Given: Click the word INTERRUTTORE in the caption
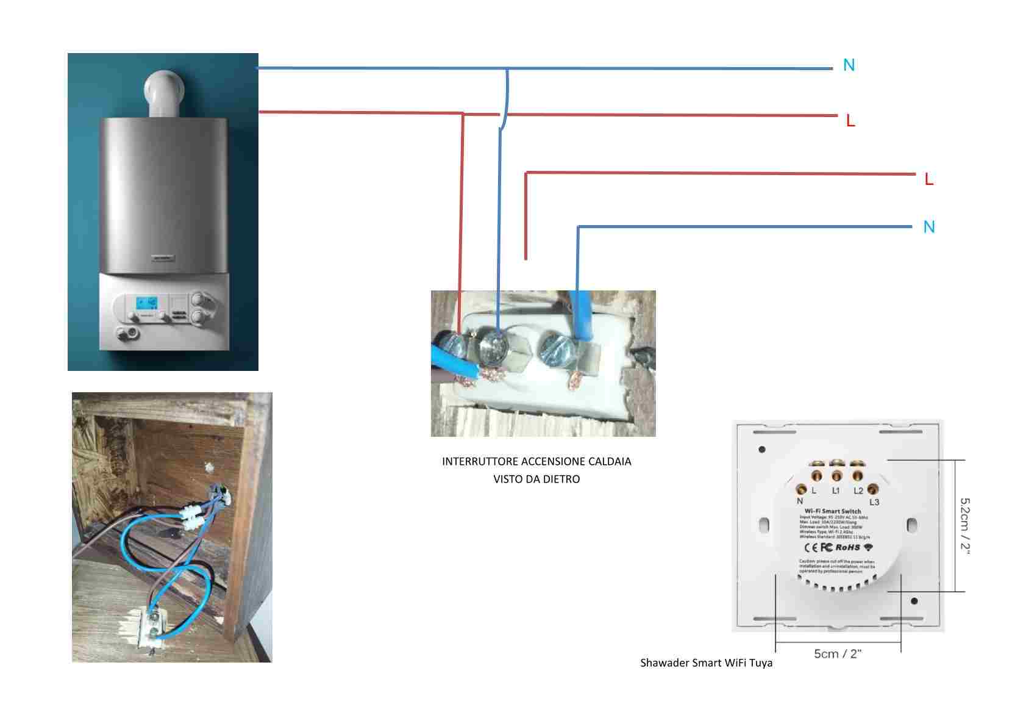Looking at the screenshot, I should pos(480,461).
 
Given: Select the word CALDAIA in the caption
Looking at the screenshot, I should pos(610,461).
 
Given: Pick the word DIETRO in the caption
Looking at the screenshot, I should pos(561,480).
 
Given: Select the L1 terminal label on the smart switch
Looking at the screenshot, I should pos(836,491).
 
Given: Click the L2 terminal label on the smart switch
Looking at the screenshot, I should pos(858,491).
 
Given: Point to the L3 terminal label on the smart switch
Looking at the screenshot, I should pos(874,502).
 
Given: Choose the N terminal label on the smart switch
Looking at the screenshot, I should pos(800,501).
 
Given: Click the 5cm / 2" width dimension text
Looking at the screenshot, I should pos(838,654).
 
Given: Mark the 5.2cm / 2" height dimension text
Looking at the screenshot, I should pos(965,525).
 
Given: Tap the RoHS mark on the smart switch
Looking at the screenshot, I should pos(847,547).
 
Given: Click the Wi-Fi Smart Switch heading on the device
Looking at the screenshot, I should pos(833,511).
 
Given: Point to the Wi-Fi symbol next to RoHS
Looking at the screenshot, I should pos(868,547).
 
